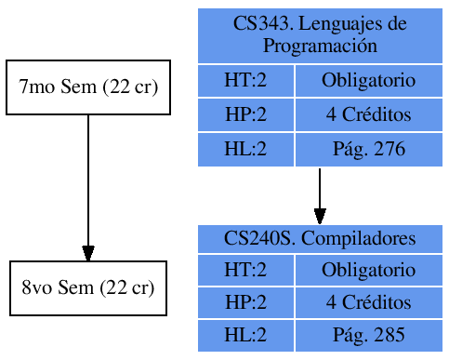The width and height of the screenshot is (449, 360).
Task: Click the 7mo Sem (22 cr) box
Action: (88, 87)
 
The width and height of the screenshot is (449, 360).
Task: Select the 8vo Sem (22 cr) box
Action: (88, 287)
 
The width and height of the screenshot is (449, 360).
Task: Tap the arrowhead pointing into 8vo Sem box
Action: (88, 253)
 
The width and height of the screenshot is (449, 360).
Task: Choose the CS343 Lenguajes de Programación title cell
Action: (320, 34)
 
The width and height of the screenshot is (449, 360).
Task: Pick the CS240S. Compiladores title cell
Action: (320, 238)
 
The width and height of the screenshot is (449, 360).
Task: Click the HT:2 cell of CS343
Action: (245, 81)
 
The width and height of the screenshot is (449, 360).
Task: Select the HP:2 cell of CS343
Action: (245, 115)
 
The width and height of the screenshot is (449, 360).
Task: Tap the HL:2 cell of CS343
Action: (245, 149)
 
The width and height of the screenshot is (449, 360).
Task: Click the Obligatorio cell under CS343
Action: (368, 81)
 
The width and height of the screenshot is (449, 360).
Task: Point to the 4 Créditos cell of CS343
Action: (368, 115)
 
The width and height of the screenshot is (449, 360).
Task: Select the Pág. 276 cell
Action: (368, 149)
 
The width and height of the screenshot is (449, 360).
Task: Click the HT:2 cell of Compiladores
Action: (245, 270)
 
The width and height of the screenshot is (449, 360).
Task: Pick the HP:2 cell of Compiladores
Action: (245, 302)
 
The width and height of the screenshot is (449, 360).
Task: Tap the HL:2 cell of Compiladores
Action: (245, 336)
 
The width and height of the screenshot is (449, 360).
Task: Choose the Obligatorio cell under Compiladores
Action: (368, 270)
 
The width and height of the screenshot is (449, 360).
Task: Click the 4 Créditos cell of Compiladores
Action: (368, 302)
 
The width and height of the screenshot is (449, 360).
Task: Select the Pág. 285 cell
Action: (368, 336)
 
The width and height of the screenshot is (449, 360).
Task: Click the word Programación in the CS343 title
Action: (320, 45)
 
